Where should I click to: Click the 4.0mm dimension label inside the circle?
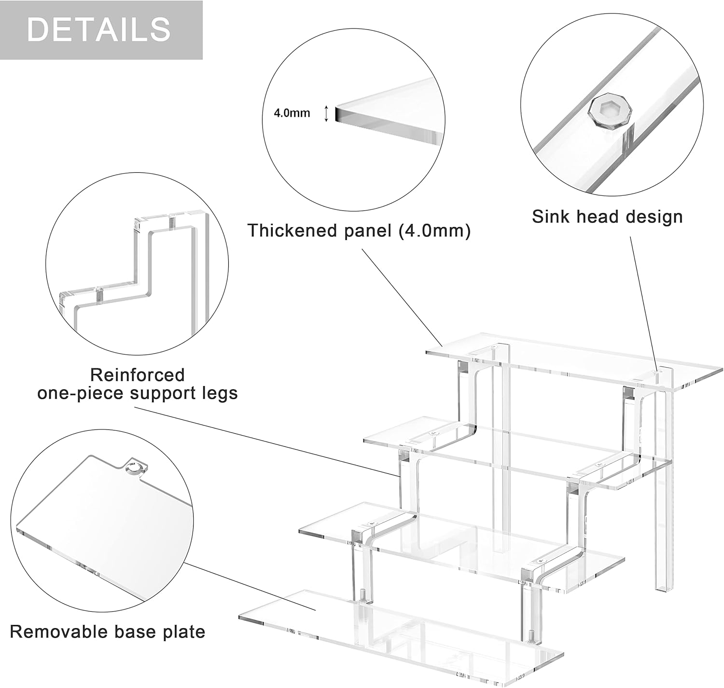292,113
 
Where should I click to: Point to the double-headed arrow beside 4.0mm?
326,113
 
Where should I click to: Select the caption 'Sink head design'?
607,217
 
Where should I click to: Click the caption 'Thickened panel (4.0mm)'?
359,231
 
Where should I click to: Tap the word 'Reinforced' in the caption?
138,375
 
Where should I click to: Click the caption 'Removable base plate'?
107,632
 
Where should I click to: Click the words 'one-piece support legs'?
138,394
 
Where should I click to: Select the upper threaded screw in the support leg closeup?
171,222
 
